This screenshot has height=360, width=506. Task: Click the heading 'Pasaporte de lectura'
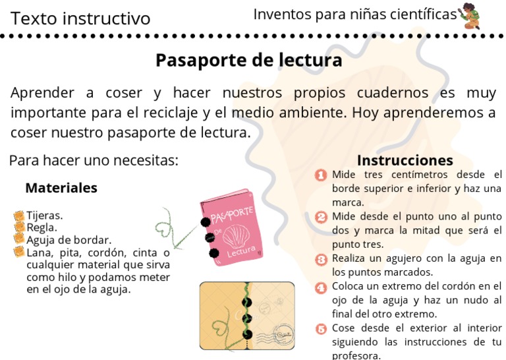(248, 61)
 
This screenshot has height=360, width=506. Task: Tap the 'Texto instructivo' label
(80, 18)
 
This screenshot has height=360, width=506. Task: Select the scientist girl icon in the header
(470, 16)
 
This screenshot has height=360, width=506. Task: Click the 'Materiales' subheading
(61, 188)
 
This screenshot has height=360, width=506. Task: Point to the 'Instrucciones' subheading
(405, 160)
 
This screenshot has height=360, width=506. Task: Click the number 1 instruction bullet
(322, 175)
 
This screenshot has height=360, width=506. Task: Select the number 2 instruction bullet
(322, 217)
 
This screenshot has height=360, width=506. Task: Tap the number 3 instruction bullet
(322, 258)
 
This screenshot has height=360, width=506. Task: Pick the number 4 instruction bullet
(322, 287)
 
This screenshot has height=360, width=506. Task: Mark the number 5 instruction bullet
(322, 328)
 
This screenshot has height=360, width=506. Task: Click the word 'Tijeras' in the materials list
(44, 215)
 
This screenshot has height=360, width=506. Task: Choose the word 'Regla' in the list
(42, 227)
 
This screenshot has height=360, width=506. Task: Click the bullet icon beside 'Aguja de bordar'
(19, 239)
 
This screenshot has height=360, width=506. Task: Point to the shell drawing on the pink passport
(236, 236)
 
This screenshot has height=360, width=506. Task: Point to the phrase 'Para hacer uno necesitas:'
(94, 160)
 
